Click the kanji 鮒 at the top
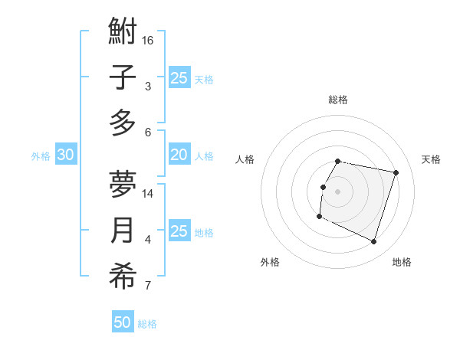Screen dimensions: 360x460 click(x=123, y=34)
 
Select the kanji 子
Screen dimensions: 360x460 click(x=123, y=78)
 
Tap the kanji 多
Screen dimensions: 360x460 click(x=123, y=123)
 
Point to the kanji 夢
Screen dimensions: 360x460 click(x=123, y=185)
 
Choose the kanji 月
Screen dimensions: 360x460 click(x=123, y=231)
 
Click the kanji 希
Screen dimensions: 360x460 click(x=123, y=276)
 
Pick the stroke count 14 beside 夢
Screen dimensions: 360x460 click(x=148, y=194)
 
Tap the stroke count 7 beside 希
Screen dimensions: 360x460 click(x=148, y=286)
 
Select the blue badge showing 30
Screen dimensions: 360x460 click(x=66, y=155)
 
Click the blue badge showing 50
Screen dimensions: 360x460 click(x=123, y=322)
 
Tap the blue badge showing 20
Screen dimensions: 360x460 click(x=179, y=155)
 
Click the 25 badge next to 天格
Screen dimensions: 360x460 click(x=179, y=77)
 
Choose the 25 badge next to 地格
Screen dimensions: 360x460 click(x=179, y=231)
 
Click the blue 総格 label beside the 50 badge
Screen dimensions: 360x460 click(x=147, y=324)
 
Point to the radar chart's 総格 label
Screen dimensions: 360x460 click(x=337, y=100)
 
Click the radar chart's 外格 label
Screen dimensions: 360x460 click(x=270, y=262)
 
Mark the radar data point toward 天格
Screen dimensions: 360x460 click(x=396, y=173)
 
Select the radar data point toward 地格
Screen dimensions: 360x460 click(x=374, y=242)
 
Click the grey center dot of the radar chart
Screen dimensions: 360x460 click(x=337, y=191)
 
